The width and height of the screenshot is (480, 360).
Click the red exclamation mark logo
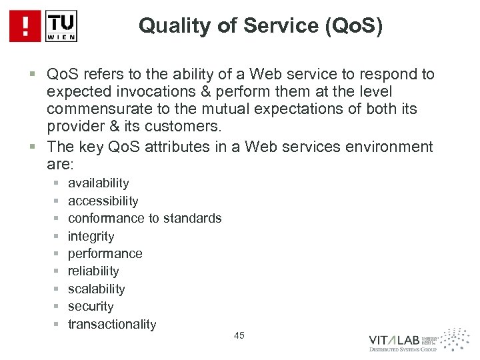25,26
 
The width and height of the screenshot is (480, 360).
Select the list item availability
99,183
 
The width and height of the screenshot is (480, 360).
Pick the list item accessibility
103,201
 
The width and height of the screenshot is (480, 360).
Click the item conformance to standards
145,218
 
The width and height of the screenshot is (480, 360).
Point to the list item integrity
91,236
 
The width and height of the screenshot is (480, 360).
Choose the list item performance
105,253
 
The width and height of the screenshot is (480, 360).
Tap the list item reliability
93,271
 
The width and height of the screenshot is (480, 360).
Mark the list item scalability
96,289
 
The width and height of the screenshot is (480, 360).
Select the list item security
91,306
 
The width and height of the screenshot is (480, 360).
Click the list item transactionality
112,324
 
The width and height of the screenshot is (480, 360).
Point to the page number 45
240,335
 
